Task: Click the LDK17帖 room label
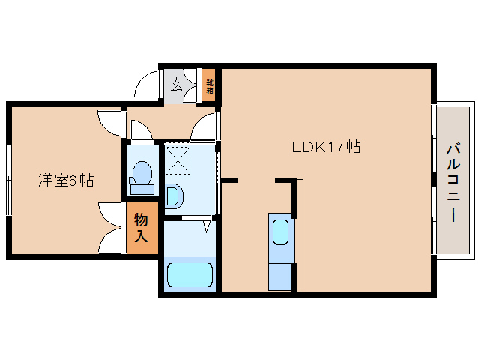pyautogui.click(x=326, y=147)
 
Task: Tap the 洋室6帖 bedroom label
pyautogui.click(x=66, y=180)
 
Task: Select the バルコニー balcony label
pyautogui.click(x=453, y=183)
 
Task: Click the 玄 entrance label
pyautogui.click(x=176, y=85)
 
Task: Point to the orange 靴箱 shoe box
pyautogui.click(x=209, y=85)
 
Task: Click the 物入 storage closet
pyautogui.click(x=142, y=228)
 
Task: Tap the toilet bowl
pyautogui.click(x=142, y=172)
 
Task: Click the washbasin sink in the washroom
pyautogui.click(x=174, y=196)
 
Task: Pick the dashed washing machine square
pyautogui.click(x=178, y=160)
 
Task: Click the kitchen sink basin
pyautogui.click(x=280, y=232)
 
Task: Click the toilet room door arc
pyautogui.click(x=142, y=130)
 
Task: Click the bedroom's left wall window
pyautogui.click(x=9, y=180)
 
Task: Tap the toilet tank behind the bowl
pyautogui.click(x=142, y=189)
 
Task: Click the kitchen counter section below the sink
pyautogui.click(x=280, y=277)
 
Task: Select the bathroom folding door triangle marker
pyautogui.click(x=207, y=226)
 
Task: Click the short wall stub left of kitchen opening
pyautogui.click(x=229, y=180)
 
